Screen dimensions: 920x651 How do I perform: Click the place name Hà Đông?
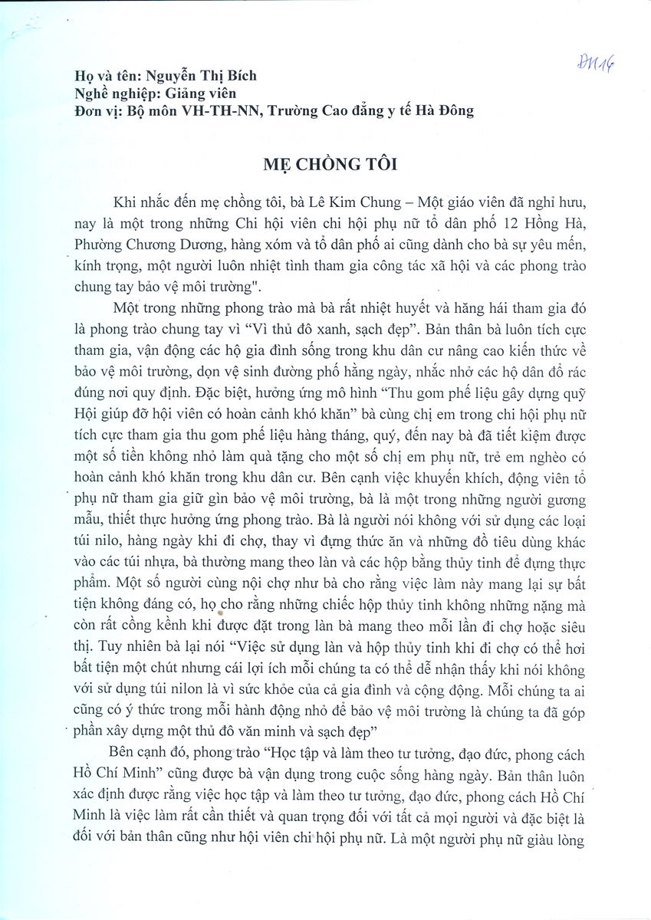pos(443,110)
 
